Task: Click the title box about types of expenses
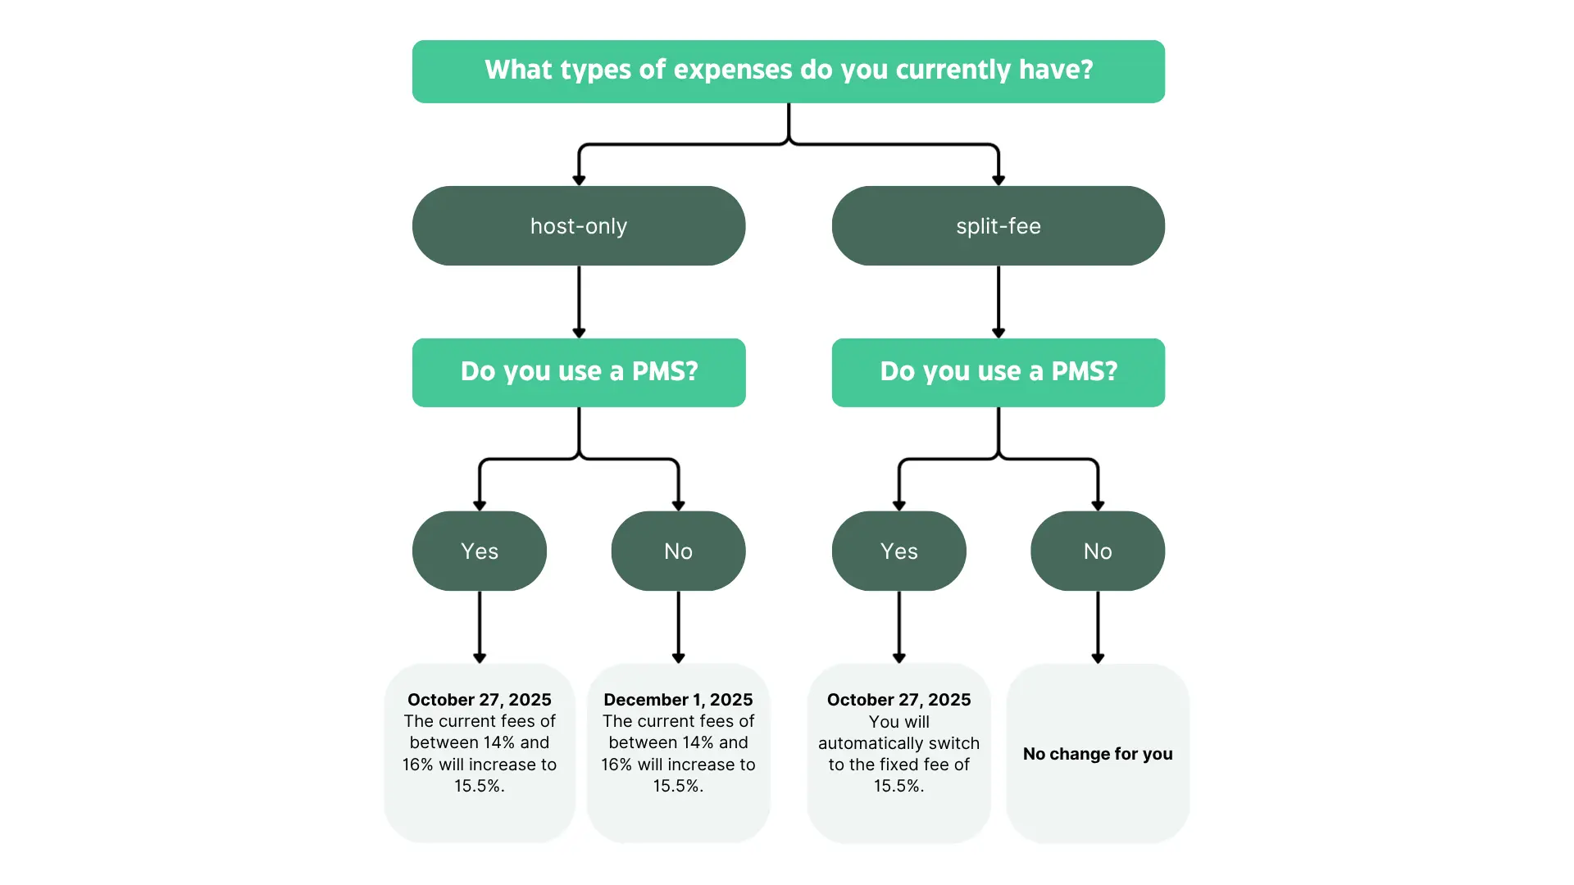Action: pyautogui.click(x=788, y=71)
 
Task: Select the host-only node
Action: pyautogui.click(x=579, y=225)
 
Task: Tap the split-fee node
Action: pyautogui.click(x=998, y=225)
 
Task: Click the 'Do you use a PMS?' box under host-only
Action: pyautogui.click(x=579, y=372)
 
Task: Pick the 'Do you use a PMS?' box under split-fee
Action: pyautogui.click(x=998, y=372)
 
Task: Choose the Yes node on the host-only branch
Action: pyautogui.click(x=480, y=551)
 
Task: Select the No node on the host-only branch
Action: pyautogui.click(x=678, y=551)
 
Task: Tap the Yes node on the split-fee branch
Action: pyautogui.click(x=898, y=551)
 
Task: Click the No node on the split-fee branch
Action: pyautogui.click(x=1098, y=551)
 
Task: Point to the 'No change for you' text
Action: pyautogui.click(x=1098, y=754)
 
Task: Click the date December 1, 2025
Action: pyautogui.click(x=678, y=700)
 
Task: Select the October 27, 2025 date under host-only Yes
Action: pyautogui.click(x=480, y=700)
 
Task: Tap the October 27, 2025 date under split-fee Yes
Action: pyautogui.click(x=898, y=700)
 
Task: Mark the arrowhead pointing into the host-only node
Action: pyautogui.click(x=579, y=180)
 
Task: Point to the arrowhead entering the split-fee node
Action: pyautogui.click(x=998, y=180)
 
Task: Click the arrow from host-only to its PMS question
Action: pyautogui.click(x=579, y=300)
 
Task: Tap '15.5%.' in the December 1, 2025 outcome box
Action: pyautogui.click(x=678, y=786)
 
